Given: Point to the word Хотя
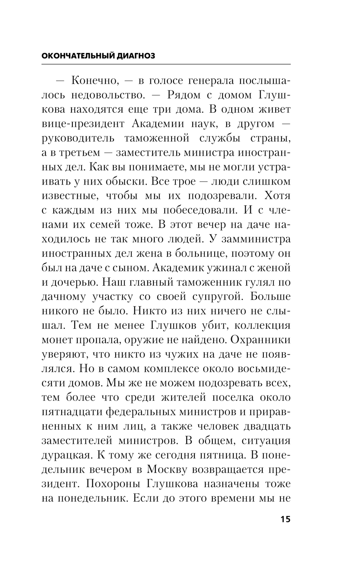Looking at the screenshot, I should coord(278,196).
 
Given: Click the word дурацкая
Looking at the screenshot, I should coord(65,455).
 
